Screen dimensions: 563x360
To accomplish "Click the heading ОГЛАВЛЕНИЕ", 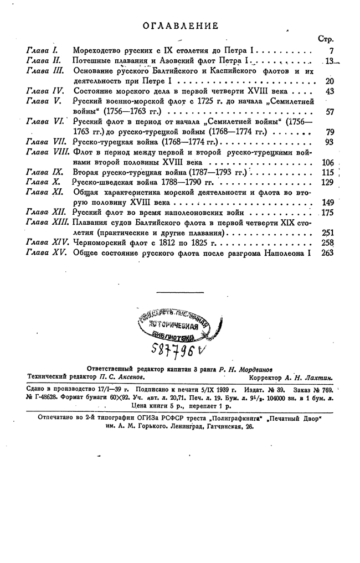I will point(180,25).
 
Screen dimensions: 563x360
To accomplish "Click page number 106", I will point(327,162).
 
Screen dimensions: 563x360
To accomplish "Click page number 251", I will point(327,233).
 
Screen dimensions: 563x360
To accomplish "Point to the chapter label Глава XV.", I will point(44,252).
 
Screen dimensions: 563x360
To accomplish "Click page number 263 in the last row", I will point(327,252).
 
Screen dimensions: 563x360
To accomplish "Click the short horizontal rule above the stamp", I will point(180,292).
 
